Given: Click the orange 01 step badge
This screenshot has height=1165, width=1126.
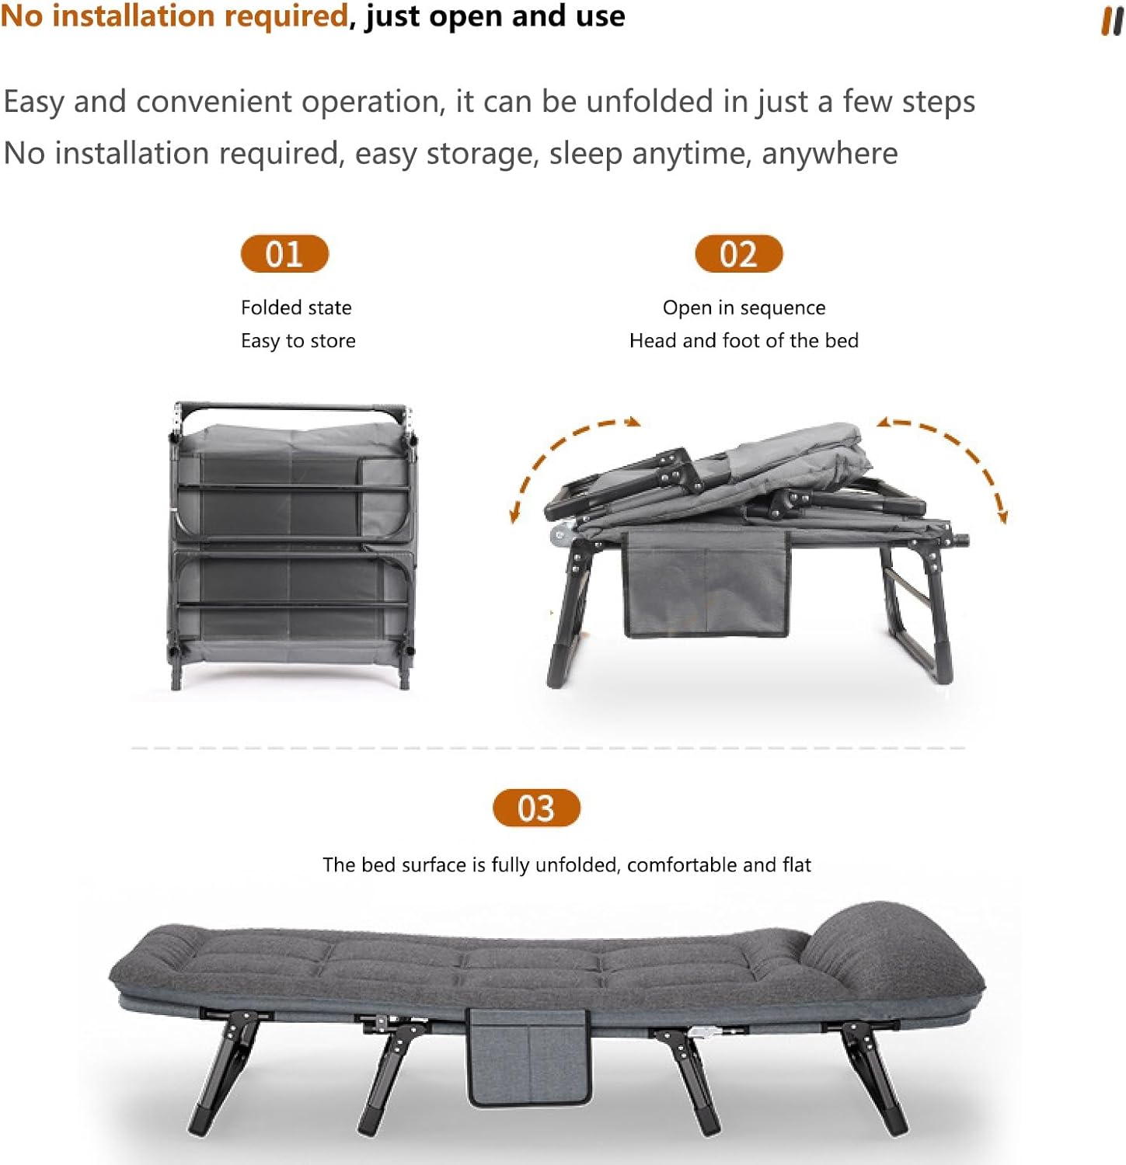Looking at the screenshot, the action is point(284,254).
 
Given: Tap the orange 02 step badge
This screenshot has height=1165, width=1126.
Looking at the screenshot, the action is point(738,254).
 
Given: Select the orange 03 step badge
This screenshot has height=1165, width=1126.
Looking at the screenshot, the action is point(536,808).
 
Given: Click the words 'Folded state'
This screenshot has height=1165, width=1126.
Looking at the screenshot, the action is point(296,308).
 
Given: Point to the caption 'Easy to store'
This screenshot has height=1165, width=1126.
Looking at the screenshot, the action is point(298,341).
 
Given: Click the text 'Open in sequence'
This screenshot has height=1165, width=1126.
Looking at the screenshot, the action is point(744,308).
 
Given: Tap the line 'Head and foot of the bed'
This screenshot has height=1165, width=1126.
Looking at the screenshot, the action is point(744,340).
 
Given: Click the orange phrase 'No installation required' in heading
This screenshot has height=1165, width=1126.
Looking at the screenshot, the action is point(174,16).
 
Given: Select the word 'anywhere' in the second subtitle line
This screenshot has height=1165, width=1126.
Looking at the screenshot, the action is point(829,153).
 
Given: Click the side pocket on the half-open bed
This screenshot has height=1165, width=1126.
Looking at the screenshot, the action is point(706,584).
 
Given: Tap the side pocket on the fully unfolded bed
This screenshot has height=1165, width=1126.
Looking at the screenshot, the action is point(528,1057).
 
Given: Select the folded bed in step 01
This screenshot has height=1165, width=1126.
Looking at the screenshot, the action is point(291,545).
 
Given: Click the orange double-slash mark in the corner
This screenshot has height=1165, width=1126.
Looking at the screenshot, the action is point(1112,22).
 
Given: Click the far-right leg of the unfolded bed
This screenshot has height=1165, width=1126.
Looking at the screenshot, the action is point(874,1080).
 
